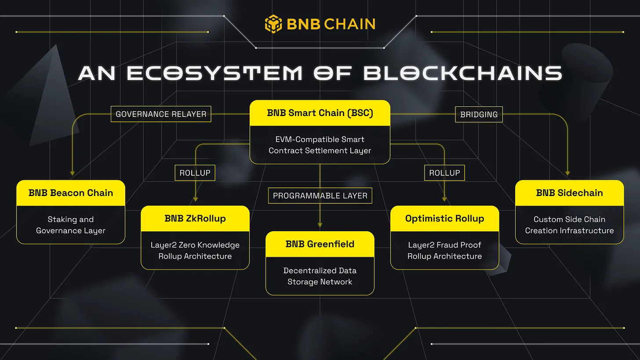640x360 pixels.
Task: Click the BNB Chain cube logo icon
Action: pos(273,24)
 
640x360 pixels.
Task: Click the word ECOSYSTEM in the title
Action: pos(215,73)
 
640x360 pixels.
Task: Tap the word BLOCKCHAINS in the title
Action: pos(463,73)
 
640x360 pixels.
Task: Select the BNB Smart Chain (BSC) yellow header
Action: pos(320,113)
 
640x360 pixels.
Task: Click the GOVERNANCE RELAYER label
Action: pos(161,114)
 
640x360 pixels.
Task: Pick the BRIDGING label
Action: pos(479,114)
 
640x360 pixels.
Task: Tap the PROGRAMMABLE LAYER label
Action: pos(320,196)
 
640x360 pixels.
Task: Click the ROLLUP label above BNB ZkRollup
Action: pos(195,173)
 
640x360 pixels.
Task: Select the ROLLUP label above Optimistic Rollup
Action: pos(444,173)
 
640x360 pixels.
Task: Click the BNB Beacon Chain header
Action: pos(71,193)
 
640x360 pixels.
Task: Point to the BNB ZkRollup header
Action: pos(195,218)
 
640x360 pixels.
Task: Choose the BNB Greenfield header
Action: pos(320,244)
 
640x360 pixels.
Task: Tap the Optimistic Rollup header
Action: pos(444,218)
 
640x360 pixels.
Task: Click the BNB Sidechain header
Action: pos(569,193)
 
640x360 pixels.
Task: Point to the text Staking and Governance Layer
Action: pos(71,225)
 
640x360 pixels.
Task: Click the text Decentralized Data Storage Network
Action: pos(320,276)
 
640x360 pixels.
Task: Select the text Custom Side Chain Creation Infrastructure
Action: pos(569,225)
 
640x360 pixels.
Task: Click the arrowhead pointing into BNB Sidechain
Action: pos(568,173)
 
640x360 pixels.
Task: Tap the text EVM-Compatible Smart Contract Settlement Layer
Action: pos(320,145)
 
